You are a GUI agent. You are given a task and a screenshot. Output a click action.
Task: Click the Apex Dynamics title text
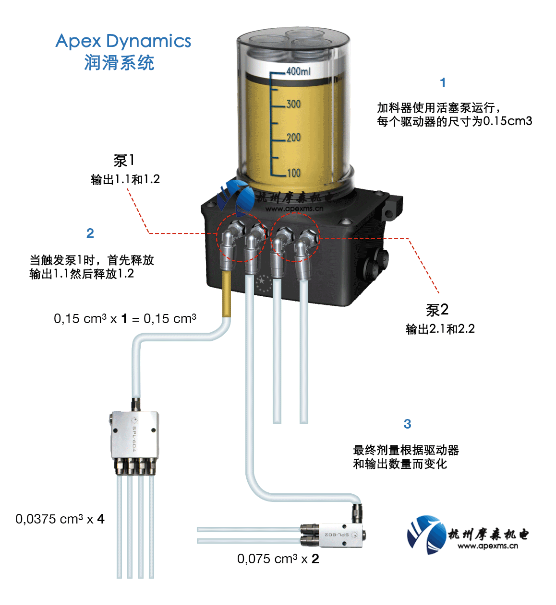[123, 41]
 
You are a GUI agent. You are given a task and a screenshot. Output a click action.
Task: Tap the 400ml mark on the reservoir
[298, 71]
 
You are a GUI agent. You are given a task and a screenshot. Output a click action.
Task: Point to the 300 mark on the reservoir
[293, 104]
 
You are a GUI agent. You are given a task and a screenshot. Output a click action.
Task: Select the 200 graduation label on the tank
[293, 138]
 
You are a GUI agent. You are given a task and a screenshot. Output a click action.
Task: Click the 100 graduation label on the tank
[293, 173]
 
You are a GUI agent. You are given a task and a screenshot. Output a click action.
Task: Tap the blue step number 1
[443, 83]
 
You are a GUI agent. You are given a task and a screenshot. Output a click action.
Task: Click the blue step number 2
[90, 233]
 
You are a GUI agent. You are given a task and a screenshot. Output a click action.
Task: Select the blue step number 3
[407, 424]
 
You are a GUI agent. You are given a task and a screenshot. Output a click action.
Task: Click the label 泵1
[124, 161]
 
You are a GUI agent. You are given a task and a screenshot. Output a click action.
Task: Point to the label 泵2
[437, 310]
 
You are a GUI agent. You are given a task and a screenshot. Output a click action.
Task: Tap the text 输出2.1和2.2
[440, 329]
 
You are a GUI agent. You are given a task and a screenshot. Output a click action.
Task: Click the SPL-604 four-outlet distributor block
[134, 434]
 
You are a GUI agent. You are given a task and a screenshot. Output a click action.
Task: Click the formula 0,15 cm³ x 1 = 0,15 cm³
[125, 319]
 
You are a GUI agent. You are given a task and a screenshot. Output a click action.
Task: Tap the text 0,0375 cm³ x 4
[60, 519]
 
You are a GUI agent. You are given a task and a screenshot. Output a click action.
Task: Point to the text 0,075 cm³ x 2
[278, 559]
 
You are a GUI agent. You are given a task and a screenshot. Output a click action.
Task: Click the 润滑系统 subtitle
[119, 63]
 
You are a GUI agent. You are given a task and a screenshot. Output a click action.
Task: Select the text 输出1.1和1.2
[125, 180]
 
